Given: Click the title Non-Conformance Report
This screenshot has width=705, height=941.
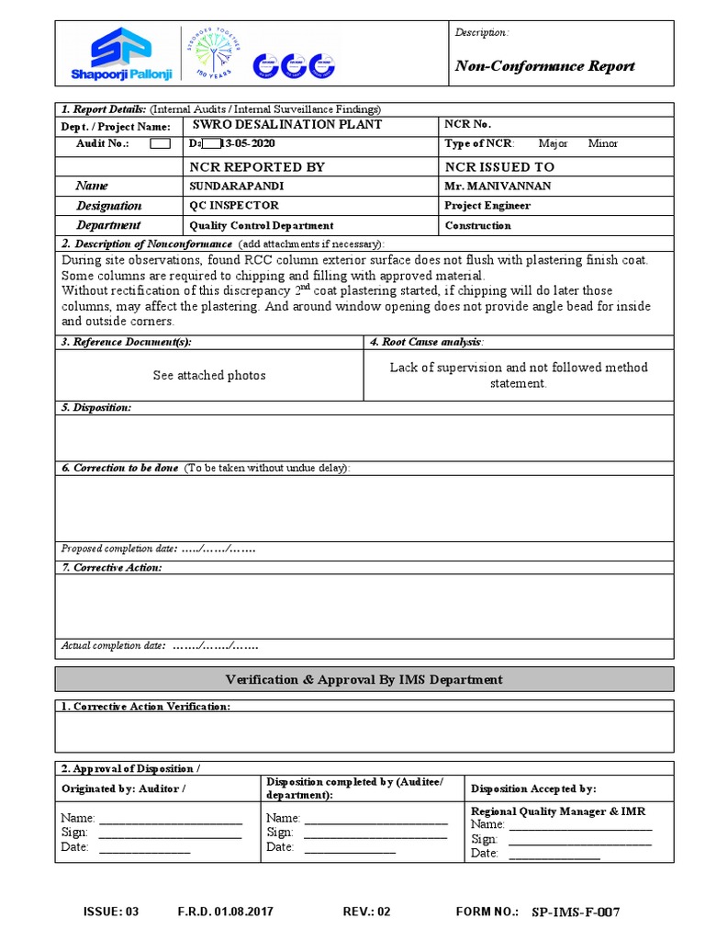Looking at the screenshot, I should (545, 66).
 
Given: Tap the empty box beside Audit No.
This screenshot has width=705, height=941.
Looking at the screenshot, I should (160, 143).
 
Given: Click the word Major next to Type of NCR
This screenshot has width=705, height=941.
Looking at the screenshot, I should (554, 143).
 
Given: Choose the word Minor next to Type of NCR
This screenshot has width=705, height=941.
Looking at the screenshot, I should (603, 143).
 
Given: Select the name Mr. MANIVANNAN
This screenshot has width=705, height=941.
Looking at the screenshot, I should (498, 187).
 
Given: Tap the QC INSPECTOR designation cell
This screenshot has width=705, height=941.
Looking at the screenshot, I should (234, 206).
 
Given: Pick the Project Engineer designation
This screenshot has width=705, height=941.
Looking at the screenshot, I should (487, 206).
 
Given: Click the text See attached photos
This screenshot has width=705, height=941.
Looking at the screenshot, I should (209, 375).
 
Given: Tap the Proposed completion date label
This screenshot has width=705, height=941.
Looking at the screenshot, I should (118, 549).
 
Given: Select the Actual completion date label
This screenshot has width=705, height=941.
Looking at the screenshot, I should (113, 645).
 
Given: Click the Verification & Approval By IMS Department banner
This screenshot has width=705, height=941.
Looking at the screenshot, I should (364, 679).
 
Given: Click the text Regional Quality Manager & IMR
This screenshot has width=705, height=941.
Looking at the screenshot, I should (558, 811).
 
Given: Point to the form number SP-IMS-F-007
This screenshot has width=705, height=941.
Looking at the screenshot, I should (576, 913).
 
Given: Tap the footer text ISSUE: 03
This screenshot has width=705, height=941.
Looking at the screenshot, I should (110, 913).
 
